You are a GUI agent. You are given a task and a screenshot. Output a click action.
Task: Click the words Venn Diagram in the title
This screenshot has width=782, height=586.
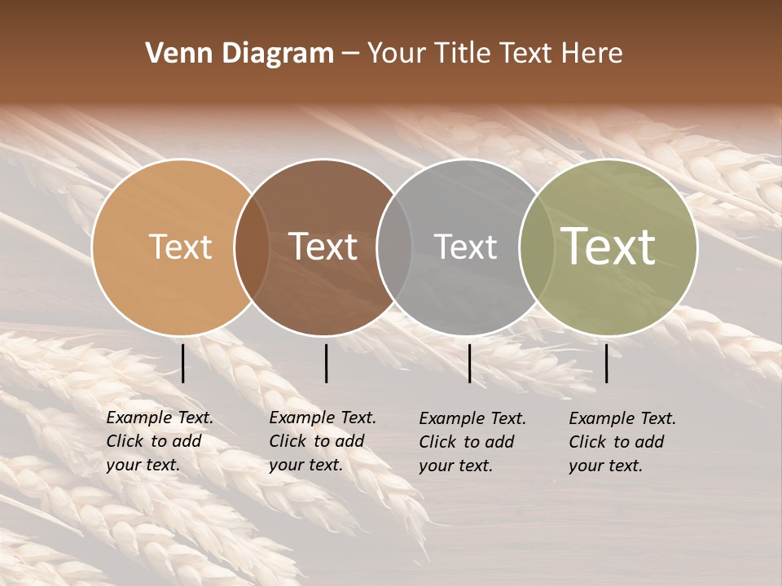click(x=239, y=54)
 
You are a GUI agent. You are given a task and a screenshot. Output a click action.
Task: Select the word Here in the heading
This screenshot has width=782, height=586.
click(x=591, y=54)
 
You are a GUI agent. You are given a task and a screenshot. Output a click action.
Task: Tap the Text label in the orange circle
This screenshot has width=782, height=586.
click(x=180, y=247)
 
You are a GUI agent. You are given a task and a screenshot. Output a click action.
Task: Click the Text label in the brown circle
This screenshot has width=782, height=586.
click(x=323, y=247)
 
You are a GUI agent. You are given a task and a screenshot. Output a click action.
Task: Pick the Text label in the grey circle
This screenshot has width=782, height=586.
click(x=465, y=247)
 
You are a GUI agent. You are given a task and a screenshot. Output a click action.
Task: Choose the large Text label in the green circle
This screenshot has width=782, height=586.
click(x=608, y=246)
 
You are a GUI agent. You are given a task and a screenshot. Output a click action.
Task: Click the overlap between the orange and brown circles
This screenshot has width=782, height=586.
click(x=252, y=247)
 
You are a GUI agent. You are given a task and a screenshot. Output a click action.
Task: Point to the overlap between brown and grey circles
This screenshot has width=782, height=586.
click(x=394, y=247)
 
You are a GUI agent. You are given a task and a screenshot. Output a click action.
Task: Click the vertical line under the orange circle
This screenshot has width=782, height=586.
click(x=183, y=363)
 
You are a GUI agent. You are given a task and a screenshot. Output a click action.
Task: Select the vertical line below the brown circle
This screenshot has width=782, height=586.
click(x=326, y=363)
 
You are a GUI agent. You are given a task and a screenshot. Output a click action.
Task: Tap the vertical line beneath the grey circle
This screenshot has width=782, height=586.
click(x=470, y=363)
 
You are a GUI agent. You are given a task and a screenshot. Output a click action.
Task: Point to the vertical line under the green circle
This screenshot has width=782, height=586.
click(x=607, y=363)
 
